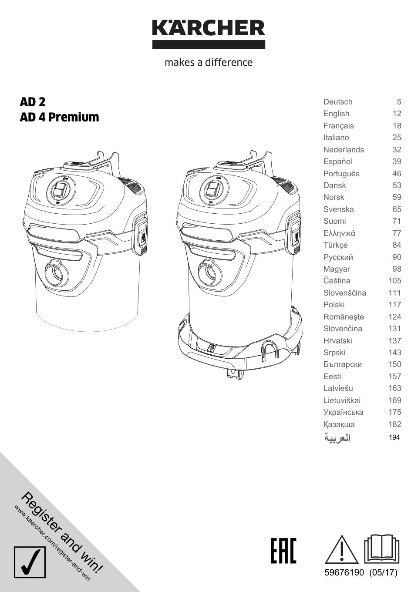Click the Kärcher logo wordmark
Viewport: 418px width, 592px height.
(209, 29)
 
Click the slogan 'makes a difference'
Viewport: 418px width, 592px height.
(209, 62)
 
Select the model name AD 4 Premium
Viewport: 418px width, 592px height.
(59, 117)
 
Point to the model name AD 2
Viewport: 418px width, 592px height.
(33, 102)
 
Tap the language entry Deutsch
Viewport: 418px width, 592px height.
(338, 102)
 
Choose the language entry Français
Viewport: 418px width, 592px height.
(338, 126)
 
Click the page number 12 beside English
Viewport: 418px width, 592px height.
(397, 114)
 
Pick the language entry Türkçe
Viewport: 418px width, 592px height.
(335, 245)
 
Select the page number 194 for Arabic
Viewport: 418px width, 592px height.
(394, 437)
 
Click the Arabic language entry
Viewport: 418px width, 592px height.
(337, 437)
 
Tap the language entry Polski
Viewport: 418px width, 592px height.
(334, 305)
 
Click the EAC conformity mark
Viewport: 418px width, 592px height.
(283, 551)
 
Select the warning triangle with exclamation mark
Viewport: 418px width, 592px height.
(342, 550)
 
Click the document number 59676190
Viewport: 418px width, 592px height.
(344, 573)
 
